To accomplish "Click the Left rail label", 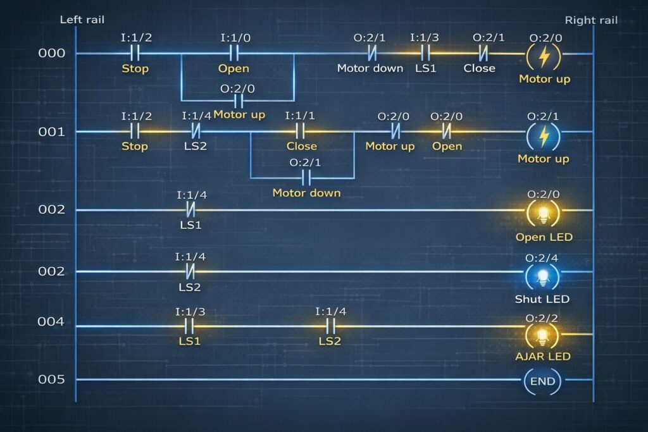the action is (82, 20).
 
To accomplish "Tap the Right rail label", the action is (591, 20).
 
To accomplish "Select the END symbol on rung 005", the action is (542, 381).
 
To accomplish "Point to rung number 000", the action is (52, 53).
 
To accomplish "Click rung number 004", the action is (51, 321).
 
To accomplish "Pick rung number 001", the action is (52, 132).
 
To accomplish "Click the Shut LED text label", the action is (542, 299).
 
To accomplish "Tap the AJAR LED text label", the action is (542, 356).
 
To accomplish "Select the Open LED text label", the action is (544, 237).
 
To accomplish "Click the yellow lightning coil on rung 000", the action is (544, 56).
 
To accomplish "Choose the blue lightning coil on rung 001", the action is (544, 136).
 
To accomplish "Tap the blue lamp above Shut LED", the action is (542, 276).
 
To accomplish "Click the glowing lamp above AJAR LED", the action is (542, 336).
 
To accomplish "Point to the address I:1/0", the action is (235, 38).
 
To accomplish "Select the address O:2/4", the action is (542, 258).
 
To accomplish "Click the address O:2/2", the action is (542, 318).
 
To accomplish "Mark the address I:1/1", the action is (299, 116).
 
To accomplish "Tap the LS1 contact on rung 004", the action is (189, 326).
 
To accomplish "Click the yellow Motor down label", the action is (306, 193).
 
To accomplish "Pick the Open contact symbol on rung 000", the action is (234, 53).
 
